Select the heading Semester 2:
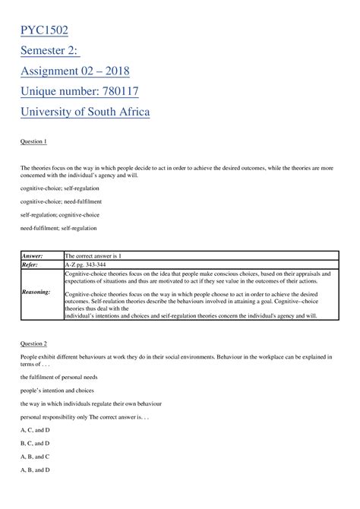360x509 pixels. pyautogui.click(x=58, y=51)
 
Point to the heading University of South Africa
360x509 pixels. pyautogui.click(x=85, y=112)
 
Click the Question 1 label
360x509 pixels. pyautogui.click(x=33, y=141)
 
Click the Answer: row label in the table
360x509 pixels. pyautogui.click(x=33, y=257)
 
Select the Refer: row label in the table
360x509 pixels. pyautogui.click(x=31, y=265)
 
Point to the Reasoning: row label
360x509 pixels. pyautogui.click(x=36, y=291)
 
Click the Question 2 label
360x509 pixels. pyautogui.click(x=33, y=343)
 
